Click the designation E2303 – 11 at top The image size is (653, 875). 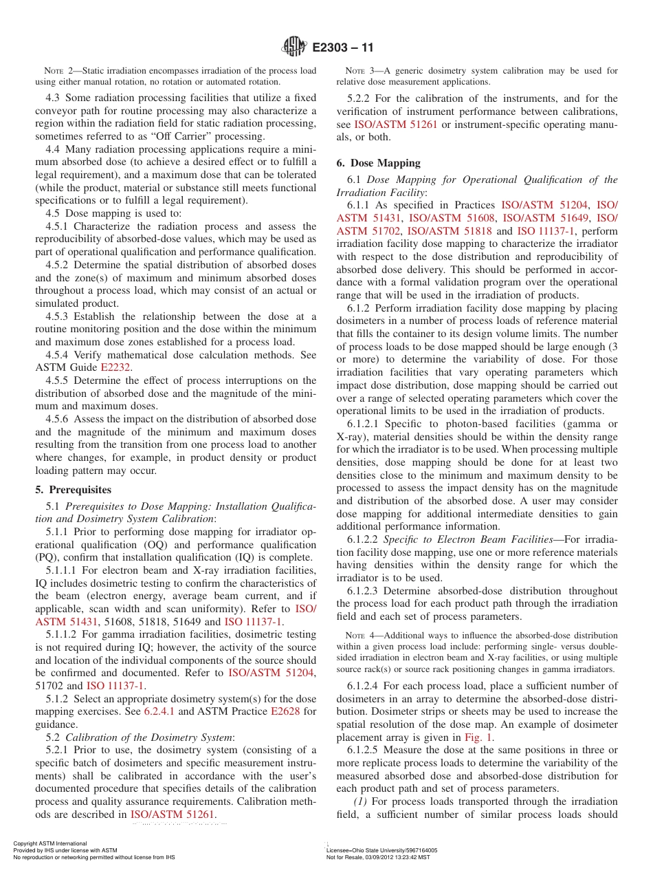[343, 48]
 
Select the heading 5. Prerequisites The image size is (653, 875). [73, 490]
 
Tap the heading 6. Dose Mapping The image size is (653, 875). [378, 163]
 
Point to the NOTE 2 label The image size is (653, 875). [58, 71]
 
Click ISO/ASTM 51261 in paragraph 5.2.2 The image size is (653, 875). [395, 125]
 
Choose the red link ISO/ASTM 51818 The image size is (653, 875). [450, 231]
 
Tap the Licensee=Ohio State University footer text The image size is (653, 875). [381, 850]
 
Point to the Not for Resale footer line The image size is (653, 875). [378, 857]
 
